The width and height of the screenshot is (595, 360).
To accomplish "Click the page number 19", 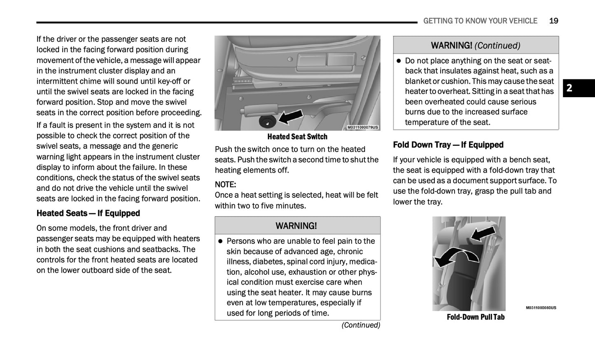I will click(553, 21).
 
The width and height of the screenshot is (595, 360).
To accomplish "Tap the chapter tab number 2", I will click(569, 88).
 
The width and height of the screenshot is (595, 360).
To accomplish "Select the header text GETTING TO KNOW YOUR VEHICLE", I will click(480, 21).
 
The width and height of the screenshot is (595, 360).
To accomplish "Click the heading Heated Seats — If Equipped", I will click(88, 213).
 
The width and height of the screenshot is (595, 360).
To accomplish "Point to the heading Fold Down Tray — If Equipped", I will click(448, 145).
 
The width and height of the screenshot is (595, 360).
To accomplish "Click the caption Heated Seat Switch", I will click(297, 137).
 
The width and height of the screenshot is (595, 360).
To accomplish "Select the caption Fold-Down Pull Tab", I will click(476, 317).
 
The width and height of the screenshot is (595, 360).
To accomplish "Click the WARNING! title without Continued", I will click(296, 226).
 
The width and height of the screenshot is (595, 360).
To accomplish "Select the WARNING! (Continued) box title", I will click(476, 45).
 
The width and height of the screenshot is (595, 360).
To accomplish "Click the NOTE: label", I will click(225, 185).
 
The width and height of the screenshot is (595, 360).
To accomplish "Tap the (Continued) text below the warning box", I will click(361, 325).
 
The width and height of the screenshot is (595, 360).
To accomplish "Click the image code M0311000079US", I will click(362, 128).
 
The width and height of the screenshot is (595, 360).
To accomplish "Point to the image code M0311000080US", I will click(541, 308).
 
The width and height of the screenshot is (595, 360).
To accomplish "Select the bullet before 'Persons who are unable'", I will click(220, 241).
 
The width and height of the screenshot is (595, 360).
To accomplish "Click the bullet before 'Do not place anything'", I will click(399, 61).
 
